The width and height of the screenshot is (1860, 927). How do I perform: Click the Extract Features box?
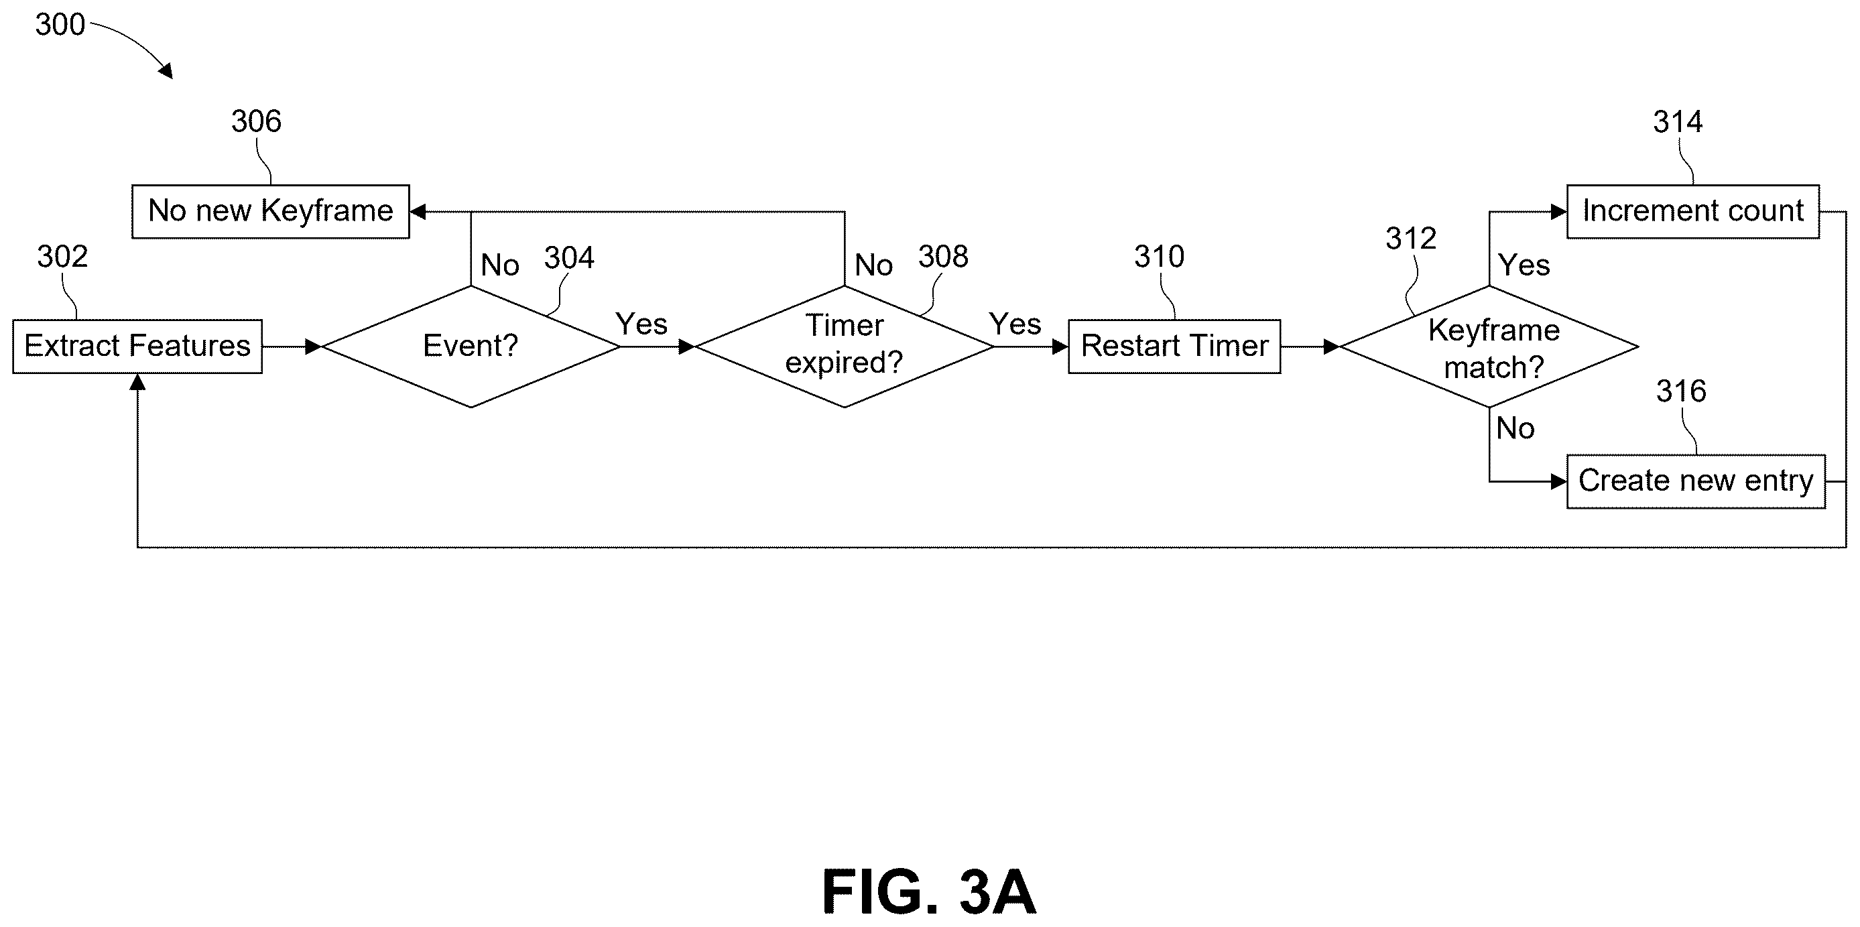(137, 347)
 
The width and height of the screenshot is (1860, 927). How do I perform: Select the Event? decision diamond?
(471, 347)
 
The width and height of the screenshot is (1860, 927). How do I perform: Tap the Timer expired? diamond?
(844, 347)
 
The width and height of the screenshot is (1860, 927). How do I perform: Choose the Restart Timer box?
(1174, 347)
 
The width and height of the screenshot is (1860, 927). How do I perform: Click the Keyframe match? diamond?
(1489, 347)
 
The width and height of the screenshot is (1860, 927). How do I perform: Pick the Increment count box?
(1692, 212)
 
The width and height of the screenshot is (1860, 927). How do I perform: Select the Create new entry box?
(1695, 481)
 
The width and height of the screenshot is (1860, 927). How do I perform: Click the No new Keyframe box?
(271, 212)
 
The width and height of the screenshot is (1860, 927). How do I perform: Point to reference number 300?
(60, 25)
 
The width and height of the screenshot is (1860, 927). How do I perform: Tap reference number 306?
(256, 121)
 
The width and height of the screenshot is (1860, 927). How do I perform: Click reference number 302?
(63, 256)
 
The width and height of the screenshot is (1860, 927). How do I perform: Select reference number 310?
(1159, 256)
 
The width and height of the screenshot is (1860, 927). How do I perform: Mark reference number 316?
(1681, 391)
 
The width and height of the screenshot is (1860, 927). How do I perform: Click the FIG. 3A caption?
(929, 892)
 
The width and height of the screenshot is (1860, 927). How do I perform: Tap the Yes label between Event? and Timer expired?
(641, 324)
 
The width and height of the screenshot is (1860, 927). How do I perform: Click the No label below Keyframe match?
(1515, 428)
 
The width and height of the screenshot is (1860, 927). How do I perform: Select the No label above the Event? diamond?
(499, 265)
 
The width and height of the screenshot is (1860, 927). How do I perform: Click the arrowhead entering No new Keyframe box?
(418, 212)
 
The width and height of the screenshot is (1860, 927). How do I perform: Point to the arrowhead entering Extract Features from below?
(137, 382)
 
